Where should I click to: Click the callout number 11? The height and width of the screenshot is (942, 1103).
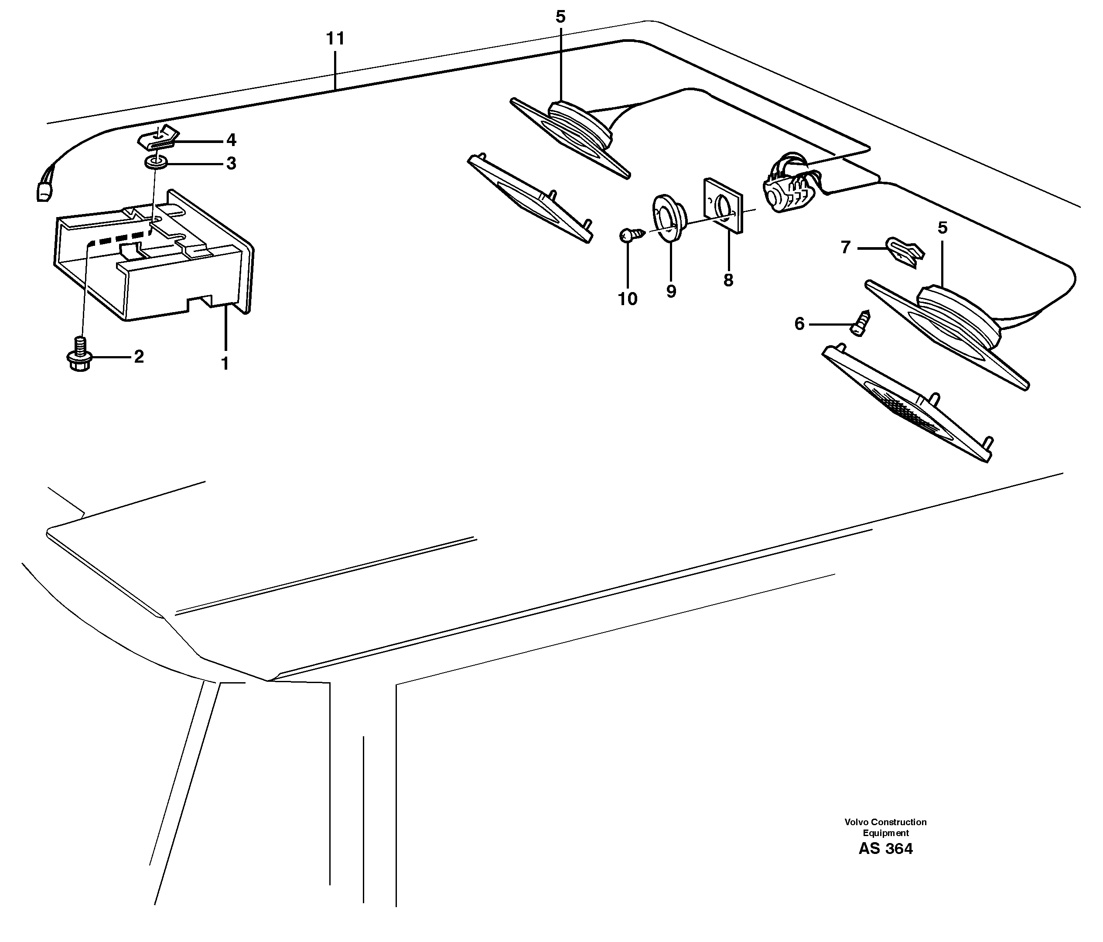coord(335,39)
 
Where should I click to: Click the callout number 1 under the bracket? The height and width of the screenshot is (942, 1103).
coord(225,364)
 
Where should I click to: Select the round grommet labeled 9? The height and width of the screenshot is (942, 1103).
coord(668,218)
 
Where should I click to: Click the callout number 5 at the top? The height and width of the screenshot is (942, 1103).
coord(560,17)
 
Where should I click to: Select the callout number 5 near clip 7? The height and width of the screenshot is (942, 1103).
coord(943,228)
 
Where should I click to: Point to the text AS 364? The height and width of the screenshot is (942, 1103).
coord(885,849)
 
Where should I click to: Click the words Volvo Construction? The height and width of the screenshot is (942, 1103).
coord(885,822)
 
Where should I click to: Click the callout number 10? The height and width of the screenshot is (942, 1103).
coord(628,299)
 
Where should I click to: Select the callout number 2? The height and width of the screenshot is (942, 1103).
coord(139,357)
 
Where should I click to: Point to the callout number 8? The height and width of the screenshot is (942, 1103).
coord(728,280)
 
